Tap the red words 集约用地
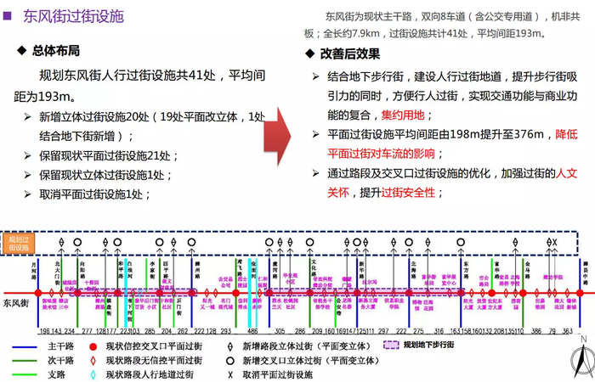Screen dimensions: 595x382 (407, 115)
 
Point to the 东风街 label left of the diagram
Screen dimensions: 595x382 (15, 302)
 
